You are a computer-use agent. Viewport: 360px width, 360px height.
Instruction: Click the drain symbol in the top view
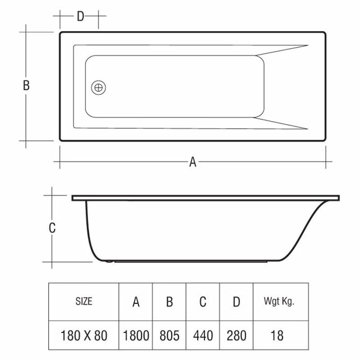pos(98,88)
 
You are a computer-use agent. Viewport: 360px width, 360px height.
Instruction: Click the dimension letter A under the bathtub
pos(193,162)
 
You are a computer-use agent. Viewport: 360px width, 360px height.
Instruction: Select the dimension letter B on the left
pos(27,85)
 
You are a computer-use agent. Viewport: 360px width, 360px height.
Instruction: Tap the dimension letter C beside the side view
pos(52,228)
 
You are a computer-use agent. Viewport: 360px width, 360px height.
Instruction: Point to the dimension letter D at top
pos(80,17)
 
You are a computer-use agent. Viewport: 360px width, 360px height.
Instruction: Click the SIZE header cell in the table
pos(83,301)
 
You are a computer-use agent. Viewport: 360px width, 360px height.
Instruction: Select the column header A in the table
pos(136,302)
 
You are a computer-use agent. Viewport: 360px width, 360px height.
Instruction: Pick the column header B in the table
pos(169,302)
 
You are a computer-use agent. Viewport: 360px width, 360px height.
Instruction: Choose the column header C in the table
pos(202,302)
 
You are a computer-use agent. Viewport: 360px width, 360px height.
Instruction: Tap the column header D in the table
pos(236,302)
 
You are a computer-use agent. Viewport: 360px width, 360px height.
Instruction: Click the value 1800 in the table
pos(136,335)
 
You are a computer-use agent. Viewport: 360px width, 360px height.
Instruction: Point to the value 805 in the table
pos(169,335)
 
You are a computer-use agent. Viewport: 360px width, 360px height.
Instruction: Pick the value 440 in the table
pos(202,335)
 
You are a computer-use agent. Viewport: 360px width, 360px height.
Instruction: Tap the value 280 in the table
pos(236,335)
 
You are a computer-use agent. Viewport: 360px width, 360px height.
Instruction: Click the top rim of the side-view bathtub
pos(205,198)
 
